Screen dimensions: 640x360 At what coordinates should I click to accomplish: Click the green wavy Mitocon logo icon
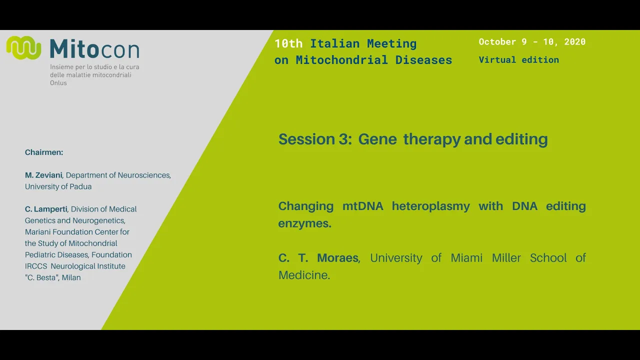tap(23, 47)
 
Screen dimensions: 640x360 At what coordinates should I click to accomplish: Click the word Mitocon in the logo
tap(94, 49)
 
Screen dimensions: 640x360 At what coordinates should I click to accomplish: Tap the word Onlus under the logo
tap(58, 83)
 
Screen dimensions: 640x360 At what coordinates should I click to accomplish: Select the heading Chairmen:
tap(44, 152)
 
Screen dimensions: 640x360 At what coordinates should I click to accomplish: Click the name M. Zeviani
tap(43, 175)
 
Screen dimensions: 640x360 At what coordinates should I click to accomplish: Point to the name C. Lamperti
tap(46, 209)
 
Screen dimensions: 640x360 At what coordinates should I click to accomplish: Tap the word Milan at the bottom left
tap(71, 277)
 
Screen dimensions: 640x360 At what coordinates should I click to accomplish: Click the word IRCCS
tap(36, 266)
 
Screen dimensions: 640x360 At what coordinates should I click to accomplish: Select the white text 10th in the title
tap(288, 43)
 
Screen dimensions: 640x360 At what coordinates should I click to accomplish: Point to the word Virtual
tap(497, 59)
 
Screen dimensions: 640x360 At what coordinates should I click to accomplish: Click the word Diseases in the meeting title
tap(423, 60)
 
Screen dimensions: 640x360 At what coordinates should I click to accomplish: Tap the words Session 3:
tap(315, 139)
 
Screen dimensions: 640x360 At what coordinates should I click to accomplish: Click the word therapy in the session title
tap(431, 139)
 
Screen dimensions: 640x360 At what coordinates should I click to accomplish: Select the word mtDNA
tap(363, 206)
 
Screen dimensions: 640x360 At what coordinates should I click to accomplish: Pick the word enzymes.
tap(305, 223)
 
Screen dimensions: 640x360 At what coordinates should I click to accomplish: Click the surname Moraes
tap(337, 258)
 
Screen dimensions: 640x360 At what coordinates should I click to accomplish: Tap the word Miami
tap(466, 258)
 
